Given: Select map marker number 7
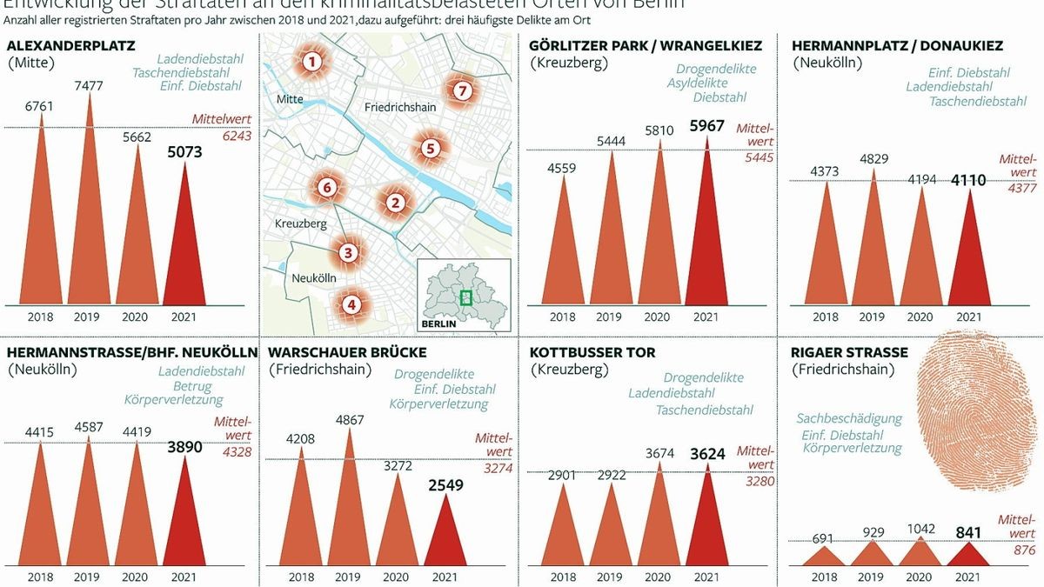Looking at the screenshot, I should [462, 90].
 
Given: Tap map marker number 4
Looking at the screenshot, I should [351, 304].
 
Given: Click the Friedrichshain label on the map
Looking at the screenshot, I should [394, 107].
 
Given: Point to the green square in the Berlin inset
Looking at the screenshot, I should [465, 297].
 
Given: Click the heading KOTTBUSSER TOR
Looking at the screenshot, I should [592, 352].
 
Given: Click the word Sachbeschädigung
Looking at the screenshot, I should [849, 418].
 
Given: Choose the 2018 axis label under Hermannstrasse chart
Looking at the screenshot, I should [40, 577].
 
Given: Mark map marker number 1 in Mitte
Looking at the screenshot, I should [311, 62].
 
